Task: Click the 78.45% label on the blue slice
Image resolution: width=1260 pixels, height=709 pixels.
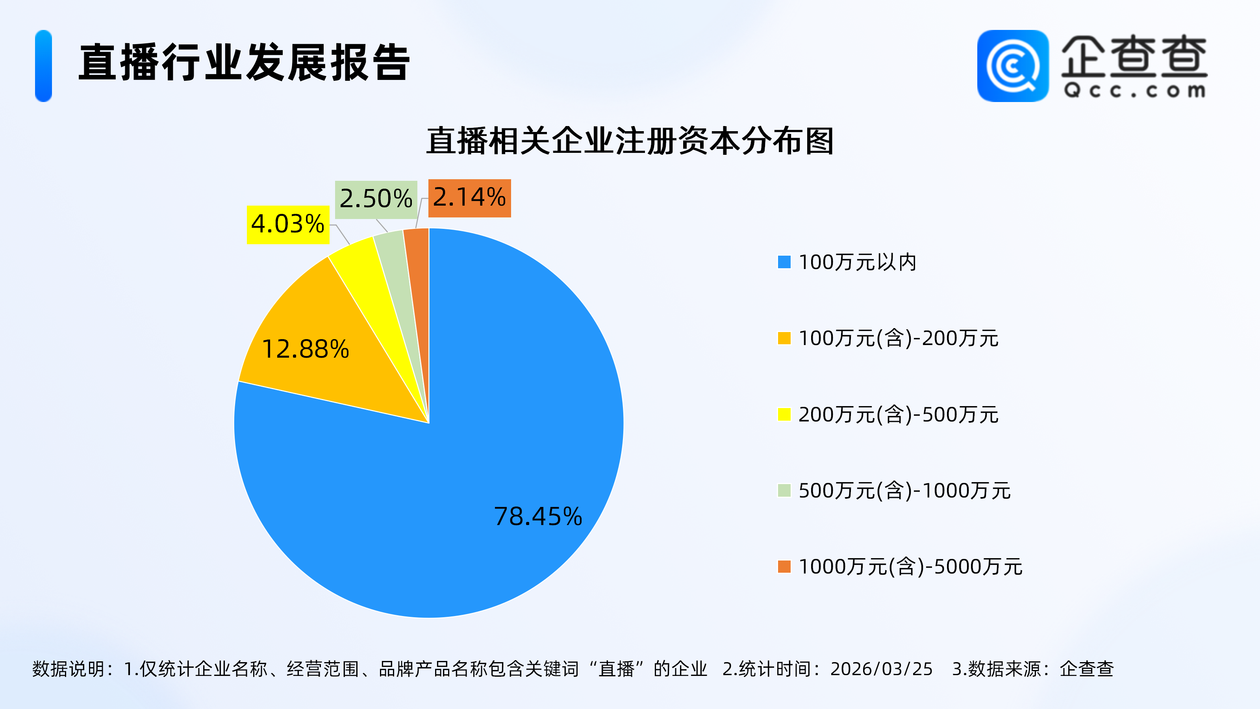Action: [x=538, y=516]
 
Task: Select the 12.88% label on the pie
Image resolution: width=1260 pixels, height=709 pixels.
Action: [x=306, y=349]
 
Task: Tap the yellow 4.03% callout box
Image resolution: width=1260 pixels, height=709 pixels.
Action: [x=287, y=224]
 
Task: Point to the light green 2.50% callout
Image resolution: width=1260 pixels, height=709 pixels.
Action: [x=376, y=199]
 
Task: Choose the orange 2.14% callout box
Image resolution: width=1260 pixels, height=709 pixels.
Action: [x=469, y=198]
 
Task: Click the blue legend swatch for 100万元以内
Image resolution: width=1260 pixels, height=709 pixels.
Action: [x=784, y=262]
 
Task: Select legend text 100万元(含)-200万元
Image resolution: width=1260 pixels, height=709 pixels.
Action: [x=898, y=338]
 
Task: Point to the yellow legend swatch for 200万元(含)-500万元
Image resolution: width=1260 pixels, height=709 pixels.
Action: [x=784, y=414]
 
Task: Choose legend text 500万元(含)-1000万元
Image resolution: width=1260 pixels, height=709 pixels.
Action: [x=904, y=490]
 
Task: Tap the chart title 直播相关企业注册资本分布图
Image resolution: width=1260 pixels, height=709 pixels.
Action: [x=630, y=141]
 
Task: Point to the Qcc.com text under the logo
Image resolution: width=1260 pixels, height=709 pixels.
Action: [x=1134, y=91]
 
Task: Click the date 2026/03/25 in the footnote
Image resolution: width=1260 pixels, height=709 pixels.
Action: [x=882, y=669]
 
